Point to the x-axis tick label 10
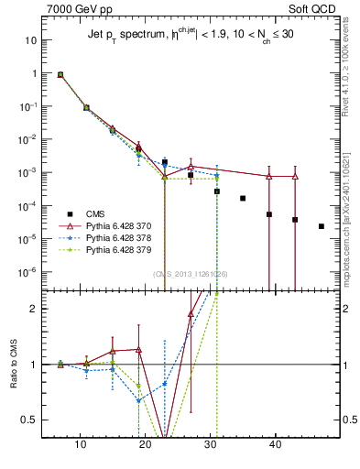point(81,445)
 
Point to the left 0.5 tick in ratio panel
point(30,420)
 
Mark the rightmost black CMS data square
point(321,226)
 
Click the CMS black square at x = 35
point(243,198)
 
